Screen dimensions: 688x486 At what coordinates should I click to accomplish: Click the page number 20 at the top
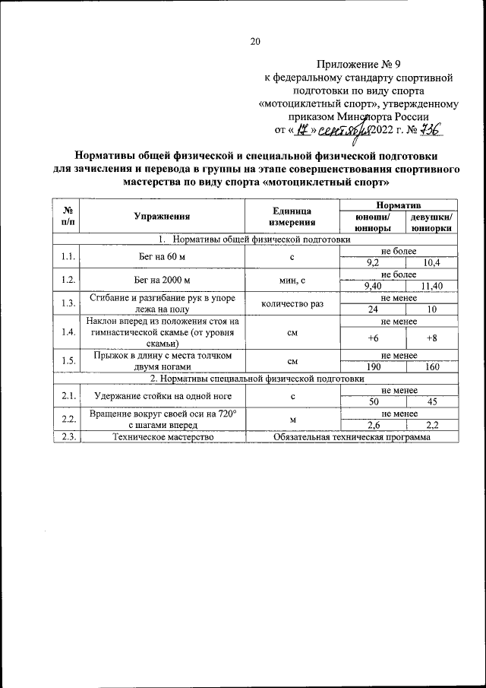pos(255,42)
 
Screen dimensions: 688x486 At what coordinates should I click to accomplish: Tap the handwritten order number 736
pos(428,130)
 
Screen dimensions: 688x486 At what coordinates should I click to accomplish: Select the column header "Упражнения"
pos(162,217)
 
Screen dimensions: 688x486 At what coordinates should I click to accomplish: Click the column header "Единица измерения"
pos(291,217)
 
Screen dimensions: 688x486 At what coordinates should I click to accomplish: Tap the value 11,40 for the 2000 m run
pos(431,285)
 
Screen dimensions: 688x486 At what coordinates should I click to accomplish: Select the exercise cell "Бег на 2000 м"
pos(162,280)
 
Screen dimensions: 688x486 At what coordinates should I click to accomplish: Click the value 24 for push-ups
pos(372,309)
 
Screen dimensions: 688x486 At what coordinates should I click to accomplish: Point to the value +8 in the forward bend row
pos(431,338)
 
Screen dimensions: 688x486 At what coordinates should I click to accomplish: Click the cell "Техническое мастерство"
pos(162,437)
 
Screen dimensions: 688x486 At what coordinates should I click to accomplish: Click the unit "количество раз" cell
pos(291,304)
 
